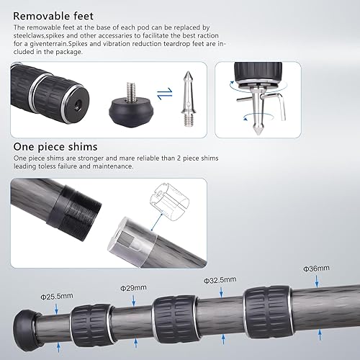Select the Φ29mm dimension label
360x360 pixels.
tap(132, 288)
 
